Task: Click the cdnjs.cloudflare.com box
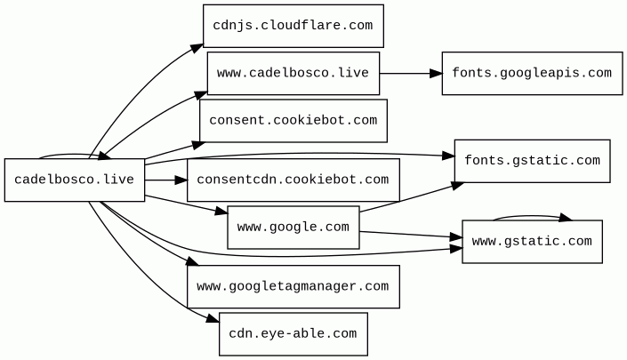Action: (293, 26)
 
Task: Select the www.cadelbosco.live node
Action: (293, 73)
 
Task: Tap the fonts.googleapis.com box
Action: (532, 73)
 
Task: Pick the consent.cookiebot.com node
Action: (293, 121)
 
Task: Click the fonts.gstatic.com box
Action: (532, 161)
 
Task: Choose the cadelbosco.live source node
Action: (75, 180)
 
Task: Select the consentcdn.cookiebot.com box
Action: (293, 180)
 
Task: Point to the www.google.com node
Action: (293, 228)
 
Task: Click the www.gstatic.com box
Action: (532, 241)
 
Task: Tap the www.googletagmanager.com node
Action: (293, 286)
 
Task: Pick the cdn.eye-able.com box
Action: (293, 334)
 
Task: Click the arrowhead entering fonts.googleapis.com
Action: (436, 74)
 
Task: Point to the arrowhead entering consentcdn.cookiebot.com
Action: (181, 180)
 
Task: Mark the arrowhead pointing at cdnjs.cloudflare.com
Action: (197, 48)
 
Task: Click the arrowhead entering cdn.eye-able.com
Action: (213, 318)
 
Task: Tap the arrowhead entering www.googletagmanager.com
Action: (192, 261)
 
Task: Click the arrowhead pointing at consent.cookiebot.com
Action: (198, 145)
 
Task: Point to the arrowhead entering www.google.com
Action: (221, 211)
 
